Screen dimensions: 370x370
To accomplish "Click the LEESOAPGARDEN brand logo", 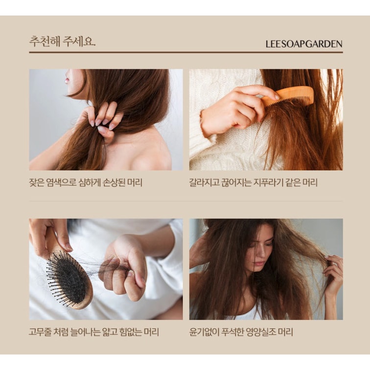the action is pos(304,44).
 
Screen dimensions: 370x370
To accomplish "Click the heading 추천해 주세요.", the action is pos(62,41).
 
